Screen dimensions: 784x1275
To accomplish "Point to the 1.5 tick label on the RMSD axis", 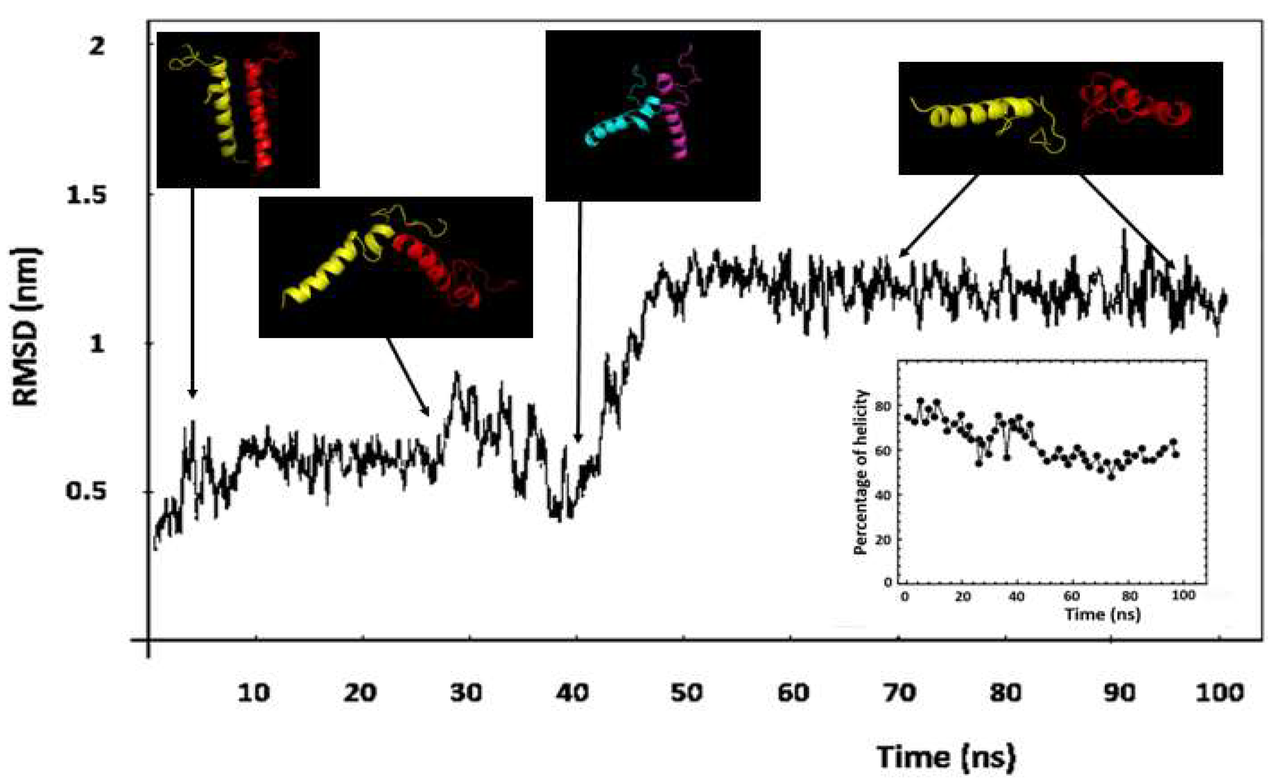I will click(86, 196).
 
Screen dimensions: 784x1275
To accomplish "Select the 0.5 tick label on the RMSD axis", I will click(86, 490).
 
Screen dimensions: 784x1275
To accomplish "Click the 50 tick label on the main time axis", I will click(686, 693).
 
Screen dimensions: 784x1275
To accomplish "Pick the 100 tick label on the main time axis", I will click(1219, 693).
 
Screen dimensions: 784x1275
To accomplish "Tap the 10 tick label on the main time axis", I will click(254, 693).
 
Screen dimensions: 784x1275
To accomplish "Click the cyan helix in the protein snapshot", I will click(619, 122).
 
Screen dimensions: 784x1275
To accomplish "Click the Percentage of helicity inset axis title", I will click(860, 472).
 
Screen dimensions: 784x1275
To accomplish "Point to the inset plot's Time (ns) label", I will click(1102, 615).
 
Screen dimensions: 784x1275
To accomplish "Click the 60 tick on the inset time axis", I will click(1071, 596).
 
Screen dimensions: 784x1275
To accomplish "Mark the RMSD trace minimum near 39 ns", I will click(559, 519).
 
